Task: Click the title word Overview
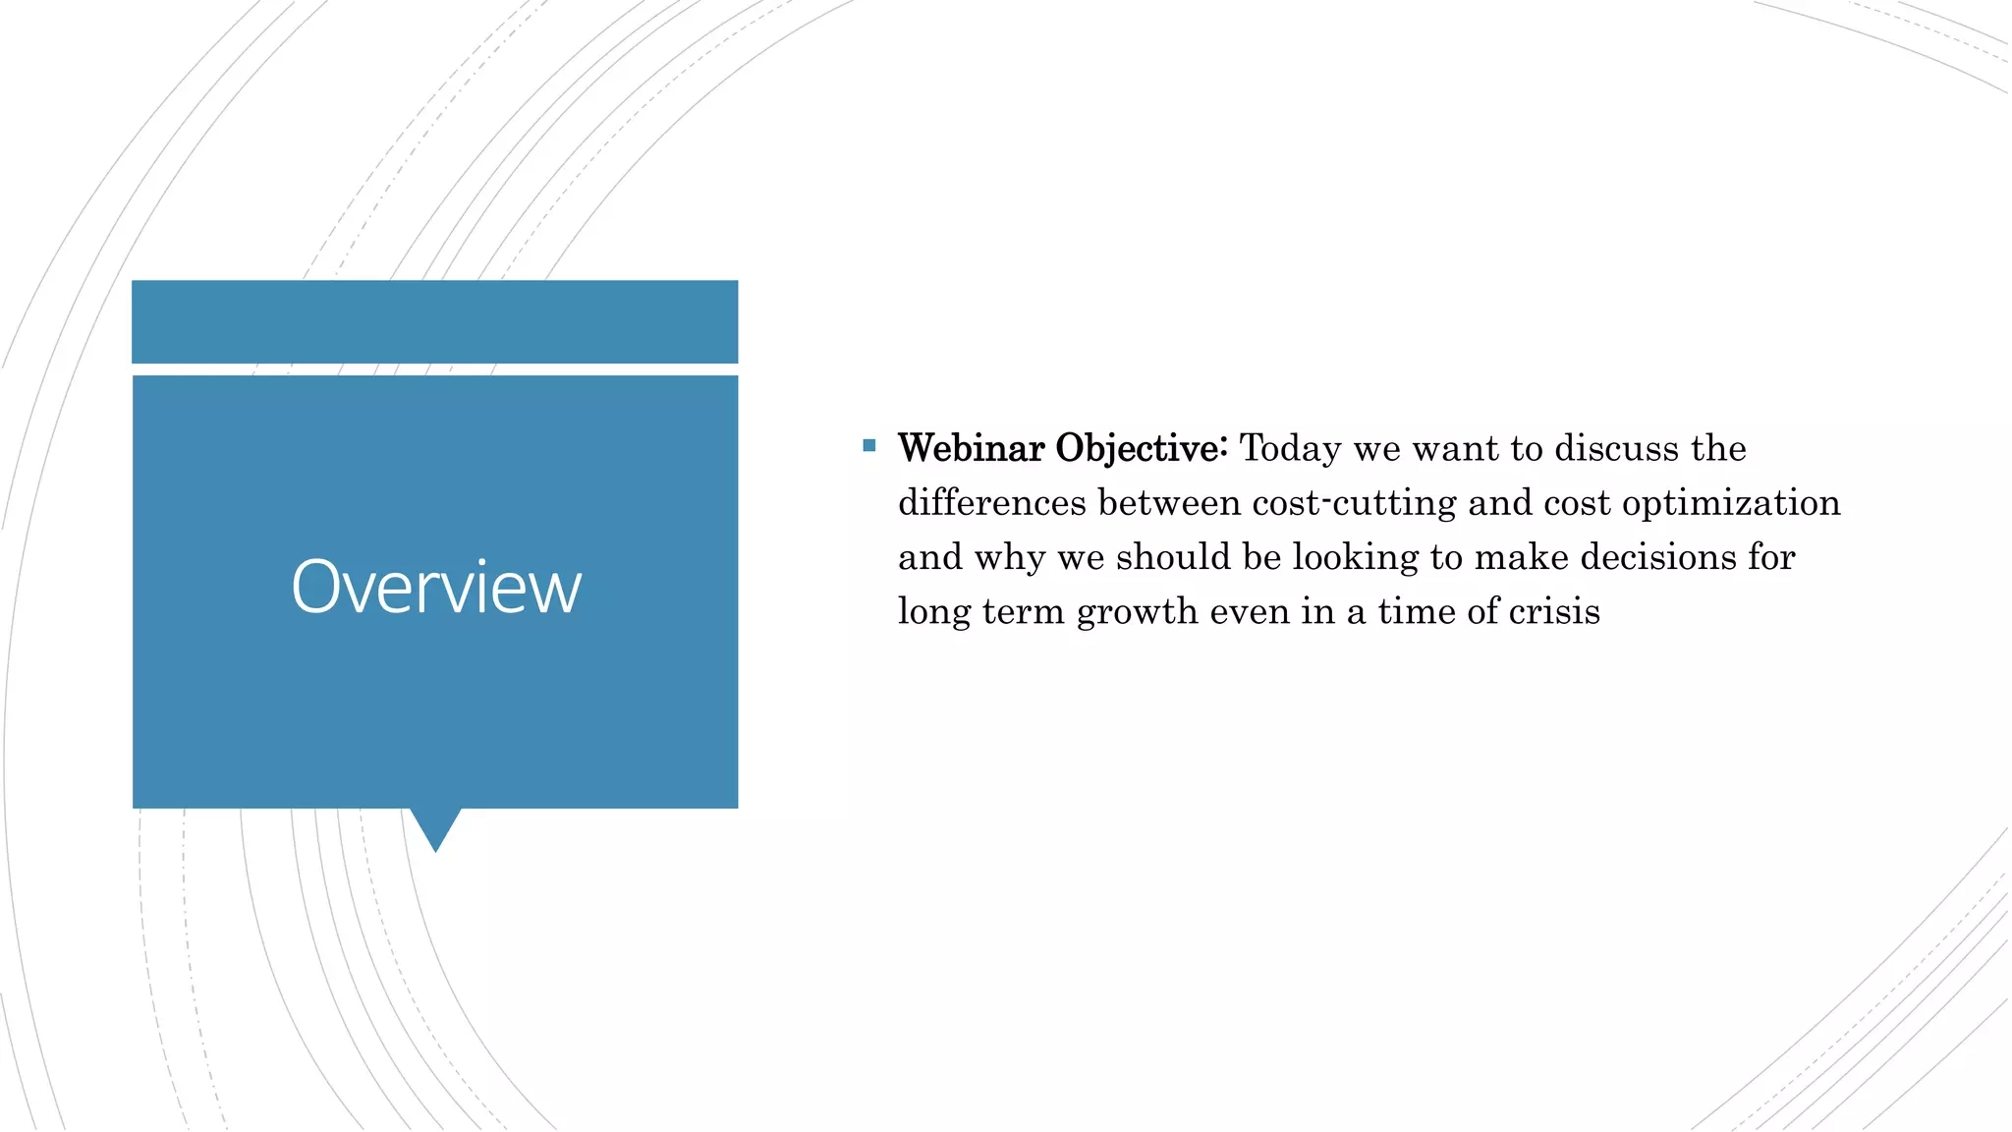click(x=436, y=588)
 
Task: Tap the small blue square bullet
click(x=868, y=446)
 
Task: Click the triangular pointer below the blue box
click(x=435, y=828)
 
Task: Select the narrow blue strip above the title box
click(x=434, y=321)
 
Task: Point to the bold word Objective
click(x=1140, y=449)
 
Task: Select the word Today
click(x=1290, y=449)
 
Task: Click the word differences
click(x=992, y=503)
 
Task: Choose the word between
click(x=1169, y=503)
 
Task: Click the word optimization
click(x=1731, y=503)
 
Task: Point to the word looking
click(x=1356, y=558)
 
